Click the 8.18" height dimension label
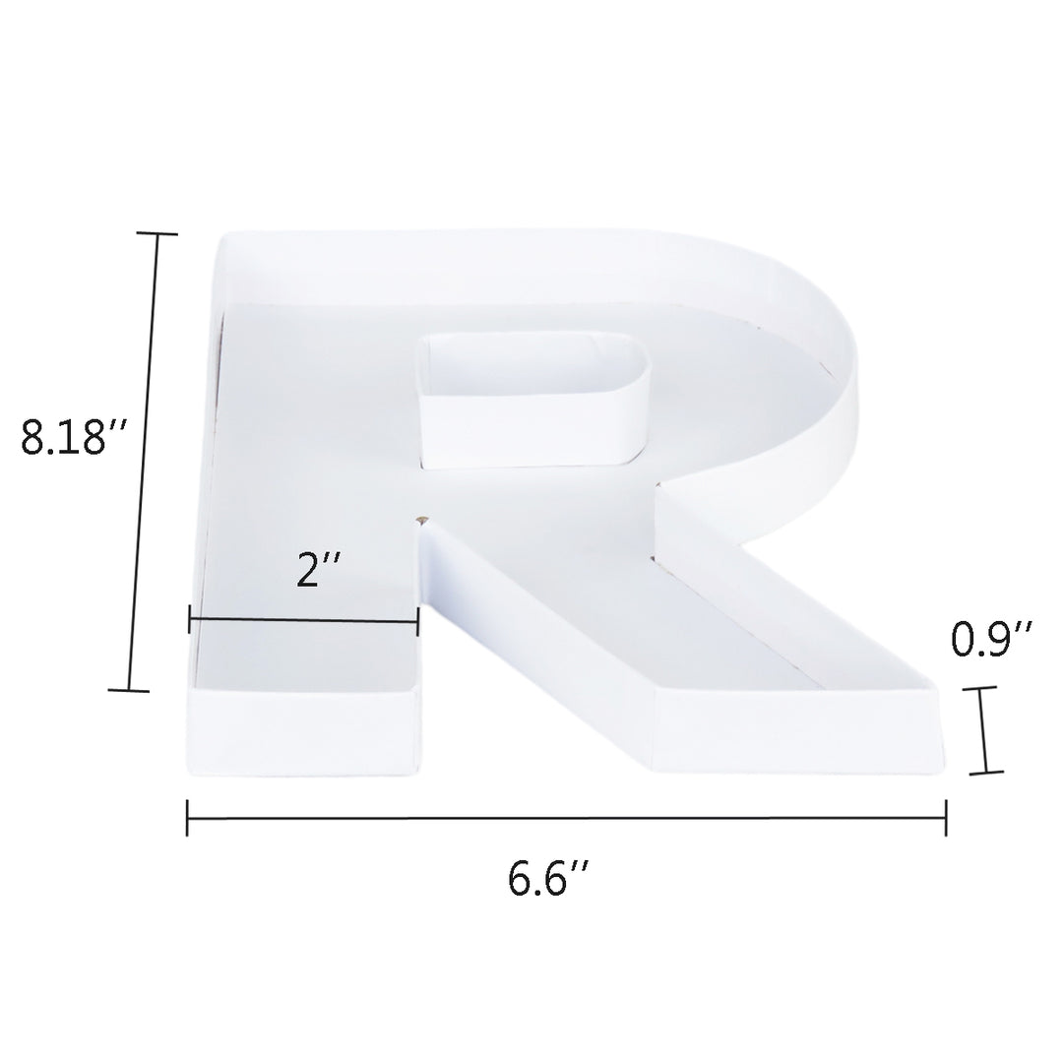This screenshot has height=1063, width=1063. click(77, 437)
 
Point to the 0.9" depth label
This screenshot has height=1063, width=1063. click(991, 640)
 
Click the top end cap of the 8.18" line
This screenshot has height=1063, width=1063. click(156, 234)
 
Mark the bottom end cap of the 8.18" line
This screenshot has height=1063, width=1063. click(129, 690)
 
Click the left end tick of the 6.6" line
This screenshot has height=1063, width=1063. click(187, 817)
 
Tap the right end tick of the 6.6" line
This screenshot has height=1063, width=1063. click(946, 817)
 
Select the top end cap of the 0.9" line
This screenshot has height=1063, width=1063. click(979, 689)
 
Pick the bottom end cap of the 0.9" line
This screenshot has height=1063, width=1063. click(985, 772)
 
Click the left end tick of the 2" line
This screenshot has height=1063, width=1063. click(190, 620)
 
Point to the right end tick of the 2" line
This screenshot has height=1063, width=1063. click(418, 620)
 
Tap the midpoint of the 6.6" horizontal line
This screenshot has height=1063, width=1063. click(567, 817)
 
